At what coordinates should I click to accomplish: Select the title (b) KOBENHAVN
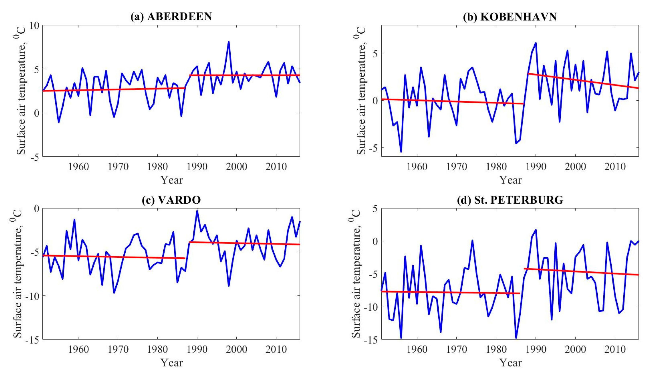pos(510,17)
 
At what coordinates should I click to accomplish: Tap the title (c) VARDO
pos(171,200)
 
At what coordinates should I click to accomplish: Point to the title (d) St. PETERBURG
pos(510,200)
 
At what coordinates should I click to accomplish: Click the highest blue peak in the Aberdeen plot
pos(228,42)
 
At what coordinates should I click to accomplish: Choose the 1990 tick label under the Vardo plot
pos(197,349)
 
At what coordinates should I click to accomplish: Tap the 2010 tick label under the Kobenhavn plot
pos(615,167)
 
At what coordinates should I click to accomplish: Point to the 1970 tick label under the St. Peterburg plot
pos(457,349)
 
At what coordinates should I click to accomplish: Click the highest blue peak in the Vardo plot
pos(197,211)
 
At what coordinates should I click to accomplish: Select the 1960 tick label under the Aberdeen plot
pos(78,167)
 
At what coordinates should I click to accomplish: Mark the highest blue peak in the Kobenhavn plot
pos(536,43)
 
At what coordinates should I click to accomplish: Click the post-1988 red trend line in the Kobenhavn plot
pos(583,81)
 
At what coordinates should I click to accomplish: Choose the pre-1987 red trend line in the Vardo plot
pos(113,257)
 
